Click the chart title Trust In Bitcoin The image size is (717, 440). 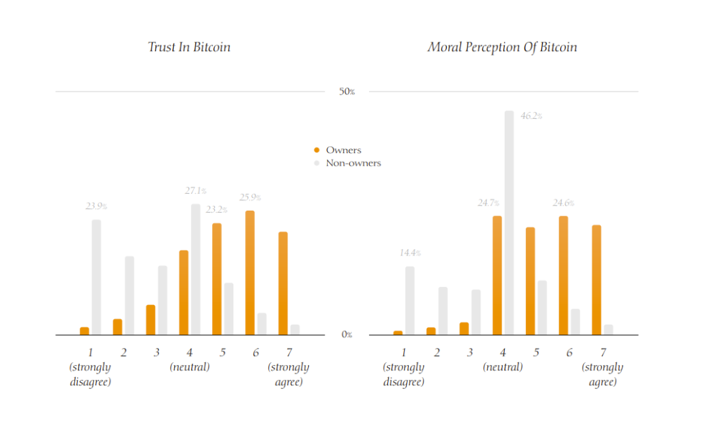[x=189, y=48]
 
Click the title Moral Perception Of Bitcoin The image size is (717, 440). [x=502, y=48]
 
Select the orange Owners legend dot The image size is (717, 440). [x=317, y=150]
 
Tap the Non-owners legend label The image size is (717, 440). [x=354, y=163]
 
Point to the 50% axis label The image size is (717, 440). [x=347, y=92]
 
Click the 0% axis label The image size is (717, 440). [x=347, y=335]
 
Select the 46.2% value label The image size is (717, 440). [x=531, y=116]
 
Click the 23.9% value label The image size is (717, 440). [x=96, y=207]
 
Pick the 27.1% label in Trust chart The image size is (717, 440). [x=195, y=191]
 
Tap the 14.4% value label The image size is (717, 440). [x=410, y=253]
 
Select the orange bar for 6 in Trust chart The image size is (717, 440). [x=250, y=273]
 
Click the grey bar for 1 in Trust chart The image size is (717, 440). [x=97, y=278]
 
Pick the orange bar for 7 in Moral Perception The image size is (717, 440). [x=597, y=280]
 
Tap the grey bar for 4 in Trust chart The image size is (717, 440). [x=196, y=269]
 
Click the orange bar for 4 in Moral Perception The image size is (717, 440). [x=497, y=276]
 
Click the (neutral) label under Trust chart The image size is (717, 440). [x=190, y=367]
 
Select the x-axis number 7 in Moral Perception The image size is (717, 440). [x=603, y=353]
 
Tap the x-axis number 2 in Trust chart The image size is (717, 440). [x=124, y=353]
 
